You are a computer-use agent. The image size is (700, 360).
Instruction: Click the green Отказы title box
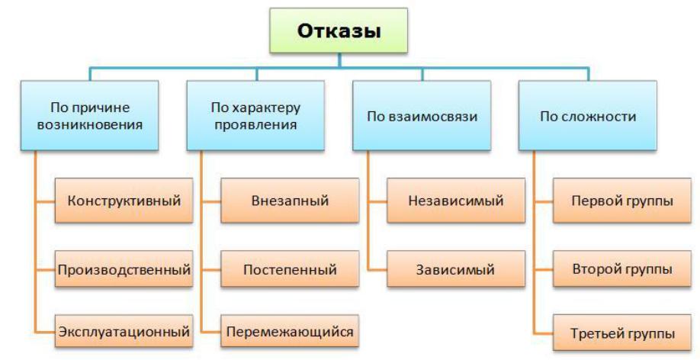click(339, 32)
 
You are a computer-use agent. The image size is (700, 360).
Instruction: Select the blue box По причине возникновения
click(90, 115)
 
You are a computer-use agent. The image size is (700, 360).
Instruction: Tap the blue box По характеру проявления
click(255, 115)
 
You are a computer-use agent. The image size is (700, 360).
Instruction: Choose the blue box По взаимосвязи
click(422, 117)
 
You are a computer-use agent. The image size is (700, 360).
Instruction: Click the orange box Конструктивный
click(124, 201)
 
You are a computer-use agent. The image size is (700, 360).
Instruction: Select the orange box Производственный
click(124, 269)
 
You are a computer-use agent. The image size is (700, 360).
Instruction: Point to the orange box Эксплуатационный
click(124, 333)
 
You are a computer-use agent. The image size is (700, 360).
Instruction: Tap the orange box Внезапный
click(290, 201)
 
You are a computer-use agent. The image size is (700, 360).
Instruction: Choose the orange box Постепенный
click(290, 269)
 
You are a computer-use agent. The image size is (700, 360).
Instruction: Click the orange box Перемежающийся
click(290, 333)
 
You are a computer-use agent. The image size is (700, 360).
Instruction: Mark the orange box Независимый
click(455, 201)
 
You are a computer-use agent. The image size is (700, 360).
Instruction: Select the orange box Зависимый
click(455, 269)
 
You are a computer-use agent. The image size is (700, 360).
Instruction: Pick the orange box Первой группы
click(621, 201)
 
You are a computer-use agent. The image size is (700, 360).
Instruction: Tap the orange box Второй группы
click(621, 269)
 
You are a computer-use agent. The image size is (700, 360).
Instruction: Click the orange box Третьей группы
click(621, 333)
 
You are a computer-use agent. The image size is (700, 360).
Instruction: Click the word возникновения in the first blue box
click(90, 124)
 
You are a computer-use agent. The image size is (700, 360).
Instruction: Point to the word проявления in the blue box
click(255, 124)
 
